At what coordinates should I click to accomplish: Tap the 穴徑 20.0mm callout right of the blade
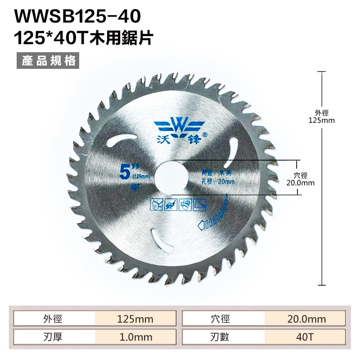(x=300, y=180)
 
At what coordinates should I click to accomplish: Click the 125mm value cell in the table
(x=135, y=319)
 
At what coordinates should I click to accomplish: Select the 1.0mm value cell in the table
(x=135, y=337)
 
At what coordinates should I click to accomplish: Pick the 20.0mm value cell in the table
(x=305, y=319)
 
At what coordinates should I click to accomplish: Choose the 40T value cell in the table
(x=305, y=337)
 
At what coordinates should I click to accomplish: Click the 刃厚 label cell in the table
(x=54, y=337)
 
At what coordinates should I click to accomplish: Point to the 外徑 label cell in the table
(x=54, y=319)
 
